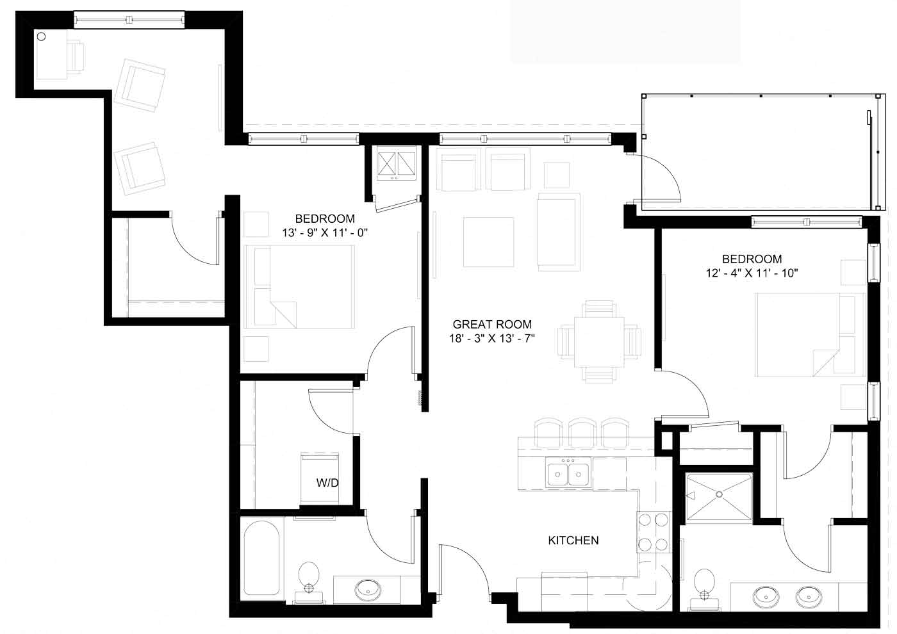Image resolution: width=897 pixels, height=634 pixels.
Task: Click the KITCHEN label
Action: [x=573, y=541]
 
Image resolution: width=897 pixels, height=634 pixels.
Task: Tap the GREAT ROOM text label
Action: [x=492, y=325]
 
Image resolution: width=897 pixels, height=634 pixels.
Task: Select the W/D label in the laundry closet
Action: [x=327, y=484]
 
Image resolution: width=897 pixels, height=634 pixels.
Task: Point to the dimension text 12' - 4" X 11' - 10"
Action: [x=752, y=273]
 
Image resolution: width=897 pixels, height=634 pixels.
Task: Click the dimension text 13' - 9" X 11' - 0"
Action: [x=325, y=232]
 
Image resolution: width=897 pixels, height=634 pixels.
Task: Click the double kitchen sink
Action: [x=568, y=473]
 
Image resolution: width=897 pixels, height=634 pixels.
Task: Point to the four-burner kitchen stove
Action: [x=653, y=532]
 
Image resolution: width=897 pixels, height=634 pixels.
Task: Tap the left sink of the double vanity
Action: [x=766, y=597]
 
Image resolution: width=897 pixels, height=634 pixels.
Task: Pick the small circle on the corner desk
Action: [x=42, y=37]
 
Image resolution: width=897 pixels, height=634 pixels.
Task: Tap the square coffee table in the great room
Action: [x=488, y=242]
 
